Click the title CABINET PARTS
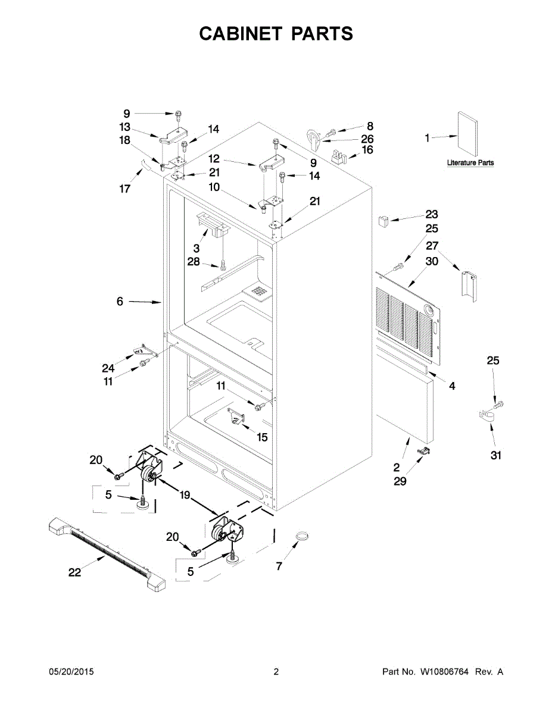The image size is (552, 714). (x=276, y=34)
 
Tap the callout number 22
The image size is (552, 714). (x=74, y=572)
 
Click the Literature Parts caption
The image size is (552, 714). (x=470, y=163)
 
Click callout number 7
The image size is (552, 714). (x=279, y=566)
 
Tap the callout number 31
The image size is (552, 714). (x=495, y=456)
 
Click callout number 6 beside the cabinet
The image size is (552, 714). (x=120, y=302)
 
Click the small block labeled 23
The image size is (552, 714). (x=383, y=220)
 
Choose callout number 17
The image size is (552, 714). (x=124, y=189)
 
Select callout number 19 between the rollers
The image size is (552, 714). (x=185, y=494)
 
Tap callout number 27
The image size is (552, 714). (x=432, y=245)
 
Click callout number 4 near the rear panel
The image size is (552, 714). (x=452, y=386)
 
